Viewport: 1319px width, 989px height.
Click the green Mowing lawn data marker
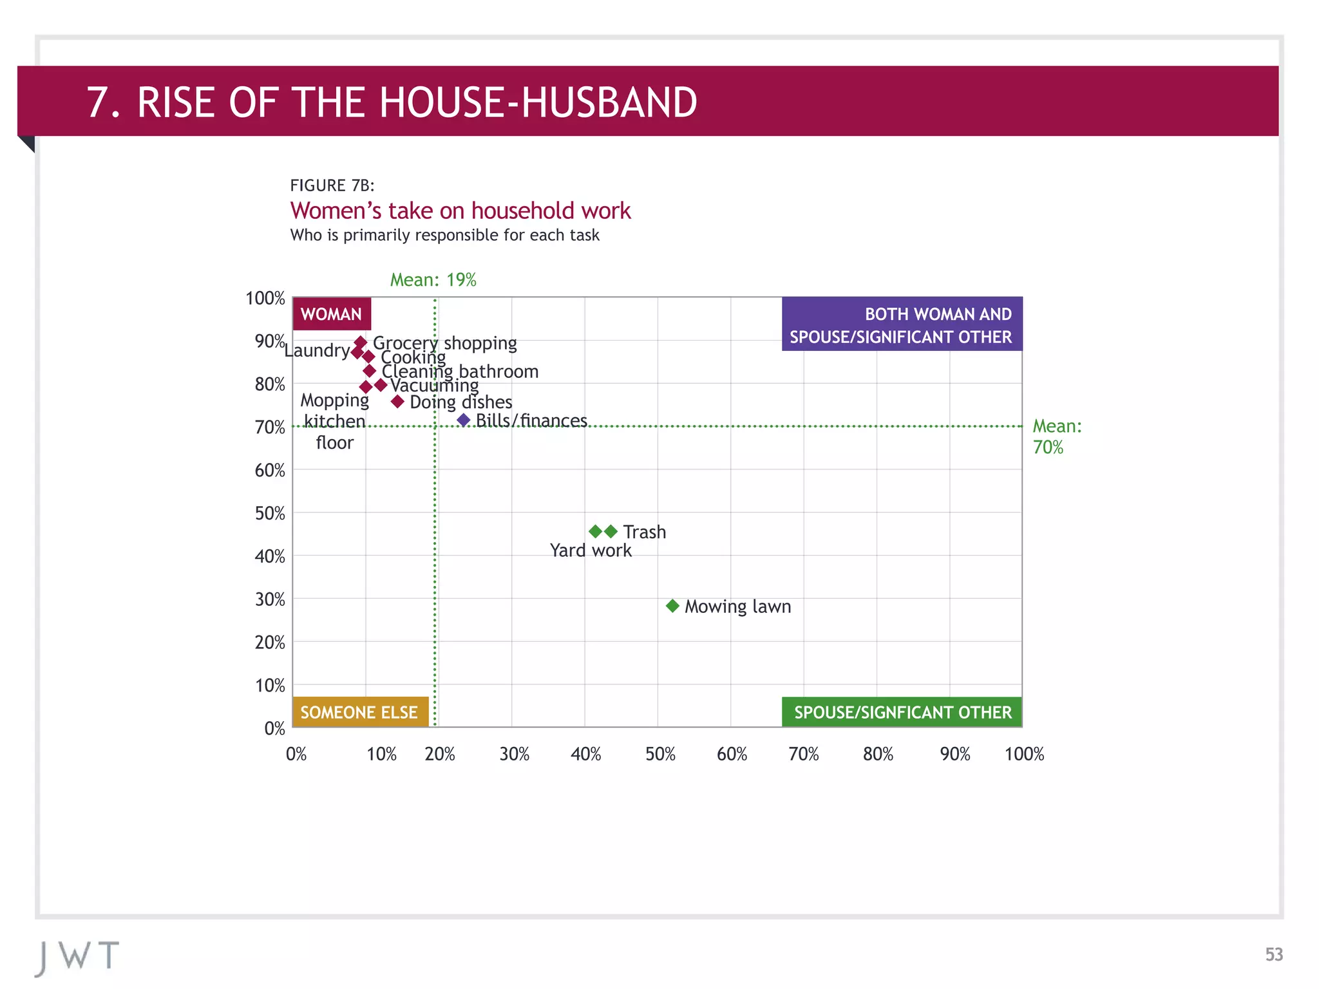672,606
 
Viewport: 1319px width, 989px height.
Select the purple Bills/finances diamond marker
464,420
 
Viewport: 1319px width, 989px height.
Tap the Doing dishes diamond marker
397,402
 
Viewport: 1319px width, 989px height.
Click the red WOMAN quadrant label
332,314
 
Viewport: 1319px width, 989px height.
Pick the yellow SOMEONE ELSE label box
360,712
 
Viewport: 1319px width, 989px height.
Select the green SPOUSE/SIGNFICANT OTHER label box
902,712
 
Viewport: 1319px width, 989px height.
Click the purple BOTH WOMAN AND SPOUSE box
902,325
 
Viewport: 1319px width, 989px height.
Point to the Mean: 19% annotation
433,280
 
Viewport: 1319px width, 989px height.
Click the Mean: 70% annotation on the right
1056,437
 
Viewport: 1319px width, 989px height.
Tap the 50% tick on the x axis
660,754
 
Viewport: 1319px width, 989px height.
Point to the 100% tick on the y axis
265,299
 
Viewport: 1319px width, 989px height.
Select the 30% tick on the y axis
270,599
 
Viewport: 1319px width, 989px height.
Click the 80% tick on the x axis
878,754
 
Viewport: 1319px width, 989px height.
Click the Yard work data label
591,551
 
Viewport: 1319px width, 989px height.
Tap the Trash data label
644,532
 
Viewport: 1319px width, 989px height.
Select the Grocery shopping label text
444,343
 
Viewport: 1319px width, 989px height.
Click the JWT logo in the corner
77,957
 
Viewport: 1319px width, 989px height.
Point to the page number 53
1273,954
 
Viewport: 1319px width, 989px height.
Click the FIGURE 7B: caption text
332,185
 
